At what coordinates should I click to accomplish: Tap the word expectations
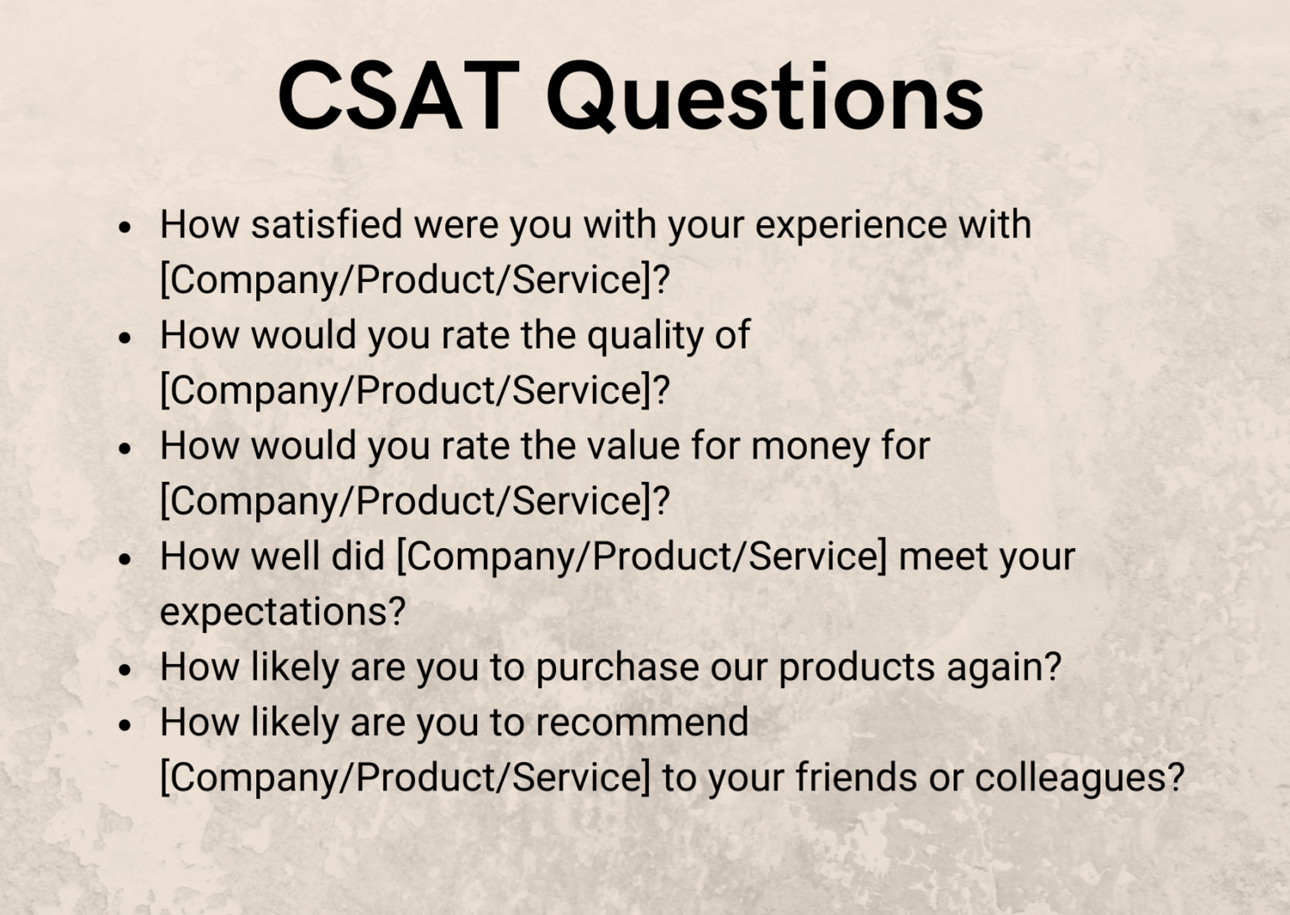click(x=283, y=612)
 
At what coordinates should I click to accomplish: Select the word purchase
click(x=617, y=668)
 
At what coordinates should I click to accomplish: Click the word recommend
click(x=642, y=722)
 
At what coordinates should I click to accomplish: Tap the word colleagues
click(x=1079, y=778)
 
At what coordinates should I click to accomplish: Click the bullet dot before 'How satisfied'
click(x=125, y=227)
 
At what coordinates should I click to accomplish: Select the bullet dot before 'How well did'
click(x=125, y=559)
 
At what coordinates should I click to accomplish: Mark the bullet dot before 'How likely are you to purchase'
click(x=125, y=670)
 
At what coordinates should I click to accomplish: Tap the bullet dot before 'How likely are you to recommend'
click(x=125, y=724)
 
